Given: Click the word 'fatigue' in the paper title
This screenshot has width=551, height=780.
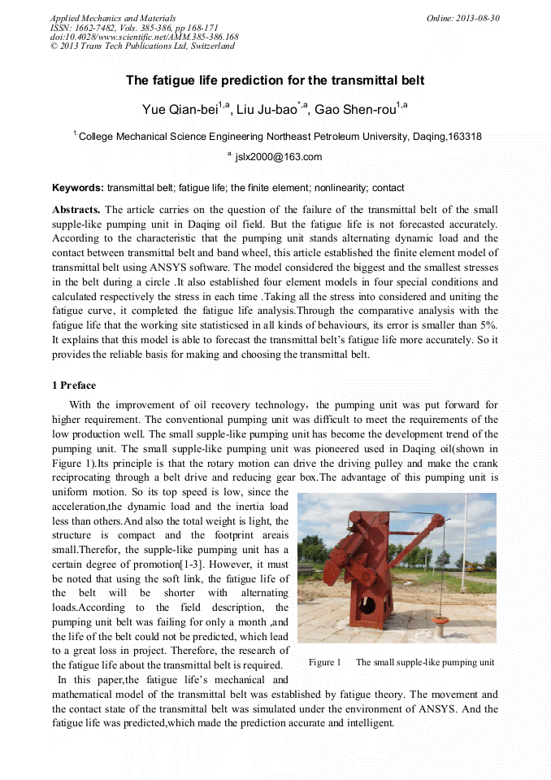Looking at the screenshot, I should click(167, 81).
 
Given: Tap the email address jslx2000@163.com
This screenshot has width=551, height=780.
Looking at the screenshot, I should click(278, 157).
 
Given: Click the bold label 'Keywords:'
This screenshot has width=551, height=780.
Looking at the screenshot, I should click(78, 188).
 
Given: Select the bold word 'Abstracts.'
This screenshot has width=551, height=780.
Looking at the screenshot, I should click(76, 210).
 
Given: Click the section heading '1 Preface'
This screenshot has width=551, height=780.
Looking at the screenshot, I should click(73, 385).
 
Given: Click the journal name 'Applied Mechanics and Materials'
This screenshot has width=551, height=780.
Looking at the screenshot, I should click(112, 18).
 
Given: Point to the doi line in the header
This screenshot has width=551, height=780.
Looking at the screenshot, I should click(144, 37).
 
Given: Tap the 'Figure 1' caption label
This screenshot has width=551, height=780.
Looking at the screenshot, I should click(324, 662).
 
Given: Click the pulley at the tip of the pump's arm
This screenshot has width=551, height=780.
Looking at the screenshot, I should click(438, 519).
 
